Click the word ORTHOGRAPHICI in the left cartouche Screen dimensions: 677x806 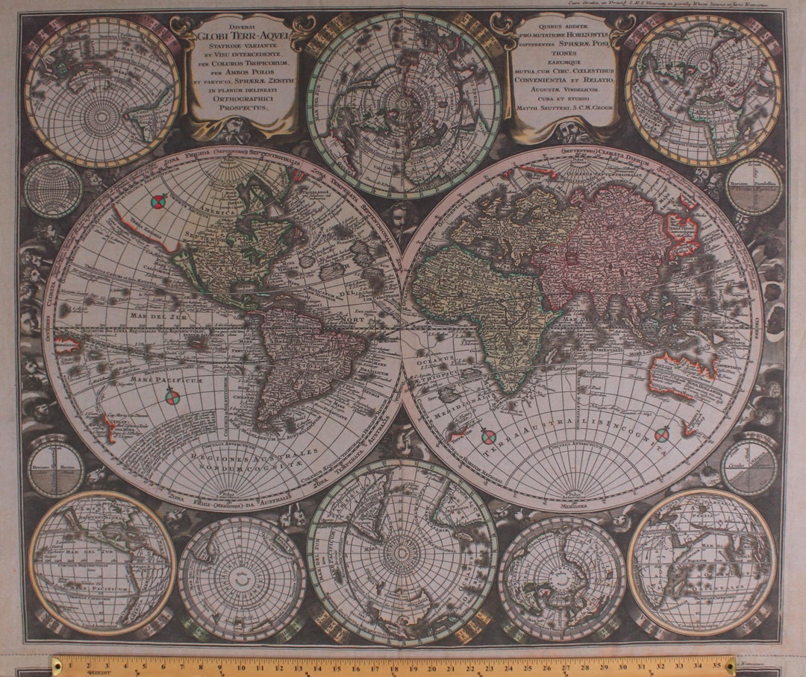[x=243, y=98]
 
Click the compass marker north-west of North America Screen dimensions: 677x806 [x=157, y=201]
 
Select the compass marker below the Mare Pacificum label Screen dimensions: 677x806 [x=172, y=397]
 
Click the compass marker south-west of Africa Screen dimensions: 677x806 [x=488, y=437]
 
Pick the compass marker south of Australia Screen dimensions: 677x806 [x=662, y=434]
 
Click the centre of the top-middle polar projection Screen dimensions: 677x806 [x=404, y=104]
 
